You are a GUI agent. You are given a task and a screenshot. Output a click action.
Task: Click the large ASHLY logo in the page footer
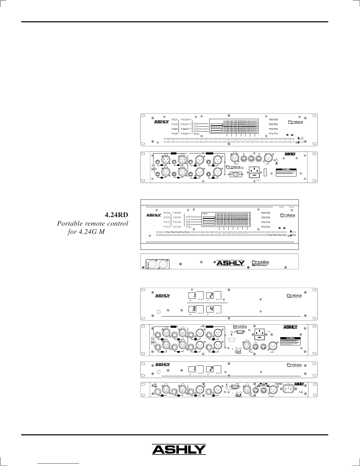pos(179,450)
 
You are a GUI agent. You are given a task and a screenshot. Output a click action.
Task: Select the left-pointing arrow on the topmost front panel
pos(287,135)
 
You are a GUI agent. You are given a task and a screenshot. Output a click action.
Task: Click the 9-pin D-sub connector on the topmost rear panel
pos(235,174)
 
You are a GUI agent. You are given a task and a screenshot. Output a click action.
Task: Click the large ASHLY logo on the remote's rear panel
pos(231,263)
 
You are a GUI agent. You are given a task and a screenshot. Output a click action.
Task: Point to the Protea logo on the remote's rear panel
pos(260,262)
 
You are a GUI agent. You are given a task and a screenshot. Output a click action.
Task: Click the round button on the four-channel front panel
pos(159,312)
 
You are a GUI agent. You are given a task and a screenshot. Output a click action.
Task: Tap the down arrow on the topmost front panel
pos(299,142)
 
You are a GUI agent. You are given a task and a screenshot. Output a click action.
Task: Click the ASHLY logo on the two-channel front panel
pos(163,365)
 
